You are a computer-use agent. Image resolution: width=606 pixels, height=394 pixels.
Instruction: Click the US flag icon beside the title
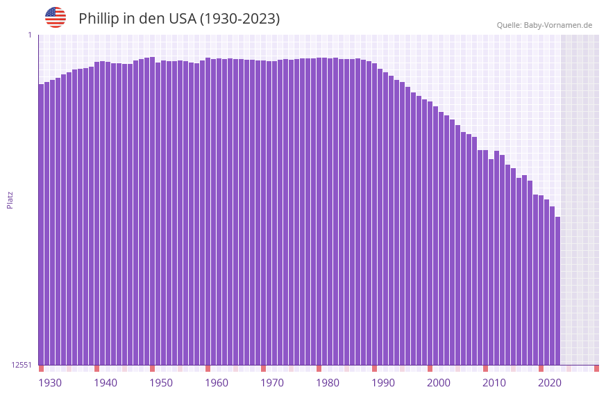pos(56,17)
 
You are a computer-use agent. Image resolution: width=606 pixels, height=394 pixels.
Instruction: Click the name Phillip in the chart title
pos(100,19)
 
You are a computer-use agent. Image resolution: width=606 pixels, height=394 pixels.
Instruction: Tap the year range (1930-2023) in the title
pos(240,19)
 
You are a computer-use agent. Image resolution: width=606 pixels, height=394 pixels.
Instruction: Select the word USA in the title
pos(183,19)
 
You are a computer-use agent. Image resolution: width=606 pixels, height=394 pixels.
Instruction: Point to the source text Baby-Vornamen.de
pos(557,25)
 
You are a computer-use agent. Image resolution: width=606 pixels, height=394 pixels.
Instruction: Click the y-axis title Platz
pos(10,199)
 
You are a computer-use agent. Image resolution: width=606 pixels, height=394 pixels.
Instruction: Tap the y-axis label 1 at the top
pos(29,35)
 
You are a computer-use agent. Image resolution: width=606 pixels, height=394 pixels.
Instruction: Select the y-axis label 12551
pos(21,365)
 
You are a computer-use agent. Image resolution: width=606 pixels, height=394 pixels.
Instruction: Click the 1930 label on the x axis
pos(50,383)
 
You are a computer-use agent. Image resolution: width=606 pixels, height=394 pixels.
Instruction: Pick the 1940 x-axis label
pos(106,383)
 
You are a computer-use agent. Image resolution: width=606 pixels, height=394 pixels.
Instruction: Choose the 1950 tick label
pos(161,383)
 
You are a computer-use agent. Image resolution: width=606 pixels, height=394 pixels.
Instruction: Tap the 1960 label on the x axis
pos(217,383)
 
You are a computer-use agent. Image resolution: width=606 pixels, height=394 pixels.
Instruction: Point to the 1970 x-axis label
pos(272,383)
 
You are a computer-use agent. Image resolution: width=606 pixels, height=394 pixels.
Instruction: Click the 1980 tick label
pos(328,383)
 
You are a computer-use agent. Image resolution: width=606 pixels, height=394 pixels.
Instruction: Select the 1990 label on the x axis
pos(383,383)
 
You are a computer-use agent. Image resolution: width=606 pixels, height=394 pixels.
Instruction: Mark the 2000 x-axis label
pos(439,383)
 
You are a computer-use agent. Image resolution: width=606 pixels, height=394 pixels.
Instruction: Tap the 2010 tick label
pos(494,383)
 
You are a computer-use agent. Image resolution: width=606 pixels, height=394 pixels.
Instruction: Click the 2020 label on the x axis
pos(550,383)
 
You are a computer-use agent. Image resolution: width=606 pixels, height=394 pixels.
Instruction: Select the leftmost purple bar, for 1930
pos(41,222)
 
